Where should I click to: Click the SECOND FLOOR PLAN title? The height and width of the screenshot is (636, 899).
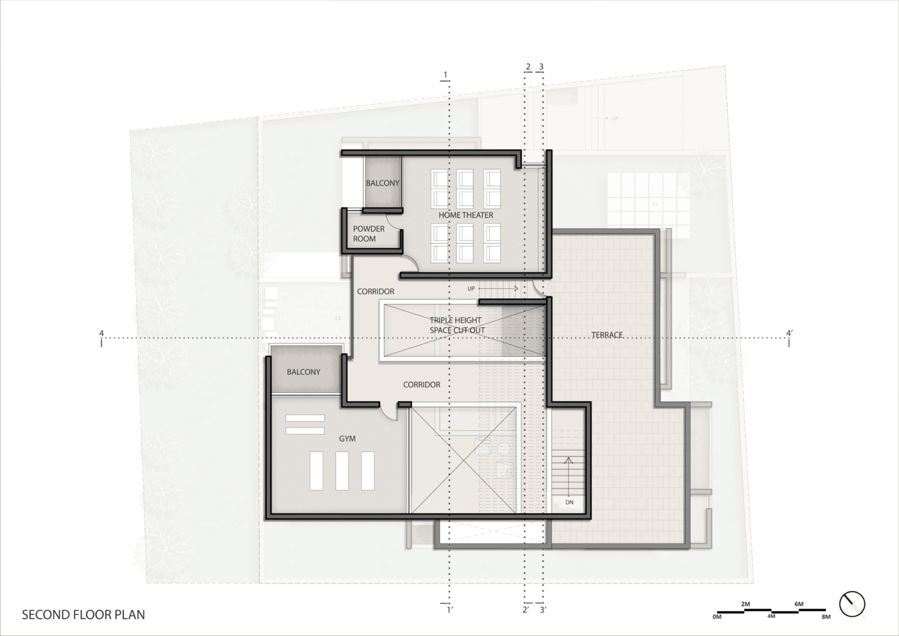pos(83,615)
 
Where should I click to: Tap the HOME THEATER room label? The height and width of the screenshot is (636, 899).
pos(466,215)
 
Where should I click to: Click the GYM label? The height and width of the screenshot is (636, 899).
pos(347,438)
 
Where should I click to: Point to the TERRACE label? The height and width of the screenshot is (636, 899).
pos(607,335)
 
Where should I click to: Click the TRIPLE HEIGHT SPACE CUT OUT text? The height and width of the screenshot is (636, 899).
pos(457,325)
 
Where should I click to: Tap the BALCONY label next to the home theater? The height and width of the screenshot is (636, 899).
pos(382,183)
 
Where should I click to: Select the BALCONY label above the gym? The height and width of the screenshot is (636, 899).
pos(303,372)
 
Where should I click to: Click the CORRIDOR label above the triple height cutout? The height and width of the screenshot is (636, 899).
pos(375,291)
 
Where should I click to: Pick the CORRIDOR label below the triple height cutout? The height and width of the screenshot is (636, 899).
pos(421,385)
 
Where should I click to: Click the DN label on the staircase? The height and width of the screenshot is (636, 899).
pos(569,502)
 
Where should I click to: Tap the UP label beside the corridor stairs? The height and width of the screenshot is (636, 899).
pos(471,289)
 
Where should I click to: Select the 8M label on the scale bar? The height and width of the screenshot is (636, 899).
pos(826,617)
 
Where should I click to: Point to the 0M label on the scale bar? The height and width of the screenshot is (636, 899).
pos(717,617)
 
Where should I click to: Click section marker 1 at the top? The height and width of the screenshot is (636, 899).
pos(445,74)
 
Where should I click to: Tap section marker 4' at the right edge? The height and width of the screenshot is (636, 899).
pos(790,334)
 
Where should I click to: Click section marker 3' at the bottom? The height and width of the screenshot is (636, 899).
pos(543,610)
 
